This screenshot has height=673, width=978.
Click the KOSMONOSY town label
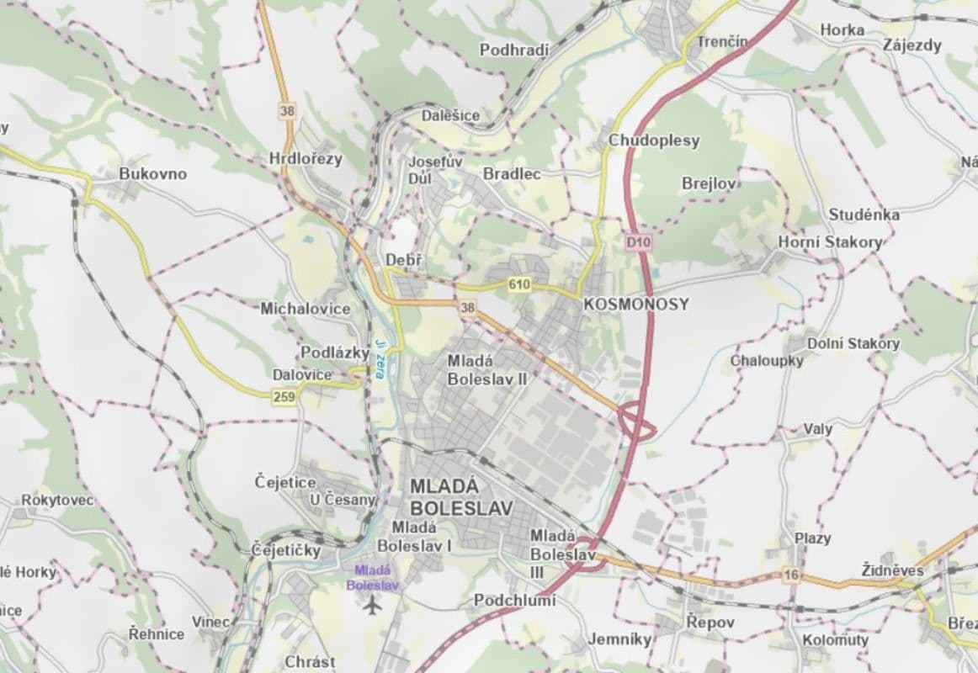pos(635,305)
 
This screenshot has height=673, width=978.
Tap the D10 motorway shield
pos(640,242)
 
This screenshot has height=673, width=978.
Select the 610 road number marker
pos(518,285)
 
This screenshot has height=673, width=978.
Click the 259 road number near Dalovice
pos(284,397)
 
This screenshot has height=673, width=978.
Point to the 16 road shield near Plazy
pos(790,575)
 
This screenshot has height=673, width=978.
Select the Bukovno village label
pos(152,174)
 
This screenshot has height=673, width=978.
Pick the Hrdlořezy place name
pos(306,159)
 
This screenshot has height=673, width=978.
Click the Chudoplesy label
pos(653,140)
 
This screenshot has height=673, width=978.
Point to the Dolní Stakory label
pos(853,343)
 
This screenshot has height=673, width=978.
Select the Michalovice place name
pos(305,309)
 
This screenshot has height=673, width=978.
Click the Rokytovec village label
pos(58,501)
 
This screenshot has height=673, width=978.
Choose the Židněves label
pos(892,571)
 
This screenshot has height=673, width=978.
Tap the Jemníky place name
pos(620,639)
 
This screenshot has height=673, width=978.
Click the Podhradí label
pos(513,50)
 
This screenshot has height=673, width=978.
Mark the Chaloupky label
pos(766,361)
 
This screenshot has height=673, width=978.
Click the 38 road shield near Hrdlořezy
pos(288,110)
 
